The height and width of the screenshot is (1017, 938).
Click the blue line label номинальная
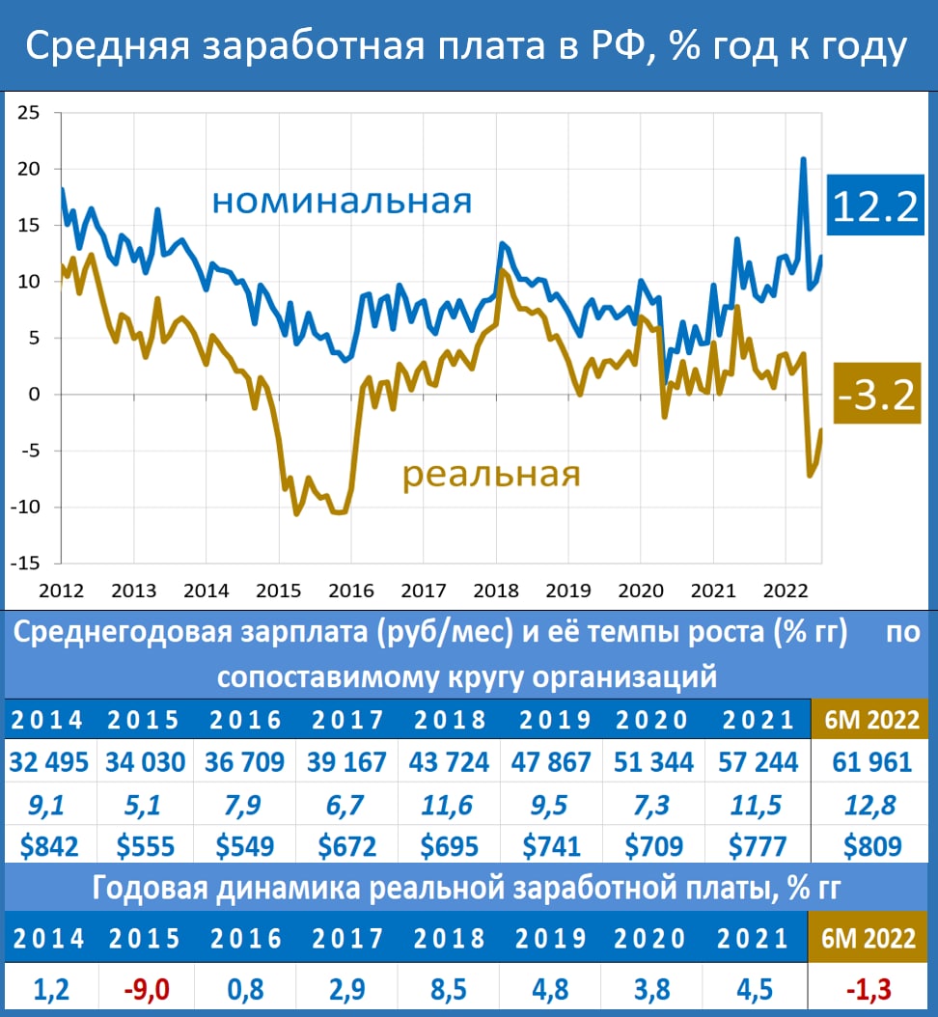(x=342, y=202)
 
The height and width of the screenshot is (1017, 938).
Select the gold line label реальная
(x=490, y=475)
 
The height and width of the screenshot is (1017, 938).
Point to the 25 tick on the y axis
(x=28, y=113)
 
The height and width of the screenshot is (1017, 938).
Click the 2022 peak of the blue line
(x=803, y=158)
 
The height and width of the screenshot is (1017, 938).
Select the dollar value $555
(x=146, y=846)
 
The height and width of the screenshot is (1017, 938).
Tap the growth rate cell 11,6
(x=449, y=804)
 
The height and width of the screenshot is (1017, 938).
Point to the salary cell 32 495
(x=49, y=761)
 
